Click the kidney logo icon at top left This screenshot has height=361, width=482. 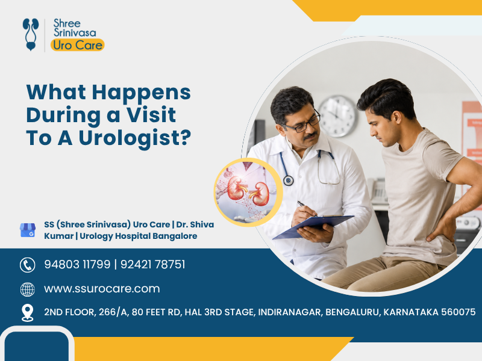(x=31, y=34)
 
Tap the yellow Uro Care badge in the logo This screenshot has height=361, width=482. (x=78, y=45)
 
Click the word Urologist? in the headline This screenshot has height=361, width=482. (x=134, y=138)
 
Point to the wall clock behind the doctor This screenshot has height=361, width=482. (x=338, y=116)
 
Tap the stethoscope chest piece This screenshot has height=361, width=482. (x=289, y=180)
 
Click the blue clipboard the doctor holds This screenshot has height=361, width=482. (x=313, y=227)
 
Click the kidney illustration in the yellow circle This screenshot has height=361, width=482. (x=248, y=192)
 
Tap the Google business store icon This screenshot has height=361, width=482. (x=28, y=230)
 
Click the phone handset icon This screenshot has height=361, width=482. (x=28, y=265)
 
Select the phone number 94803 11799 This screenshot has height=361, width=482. (x=77, y=264)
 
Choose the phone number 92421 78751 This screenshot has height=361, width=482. (x=153, y=264)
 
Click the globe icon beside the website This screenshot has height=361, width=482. (x=28, y=289)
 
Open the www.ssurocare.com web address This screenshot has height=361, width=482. (x=102, y=289)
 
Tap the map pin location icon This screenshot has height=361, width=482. (x=28, y=313)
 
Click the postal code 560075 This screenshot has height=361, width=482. (x=458, y=312)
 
